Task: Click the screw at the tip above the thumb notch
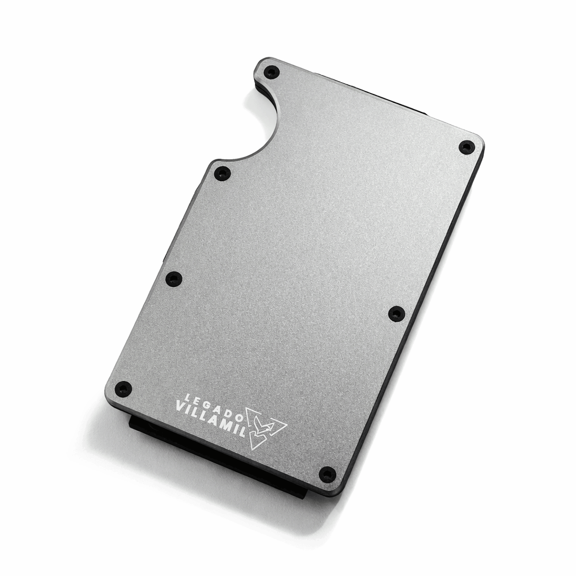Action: point(272,71)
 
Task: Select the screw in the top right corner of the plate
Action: point(466,147)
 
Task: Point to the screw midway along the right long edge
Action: point(397,313)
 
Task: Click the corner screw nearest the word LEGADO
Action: point(123,388)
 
